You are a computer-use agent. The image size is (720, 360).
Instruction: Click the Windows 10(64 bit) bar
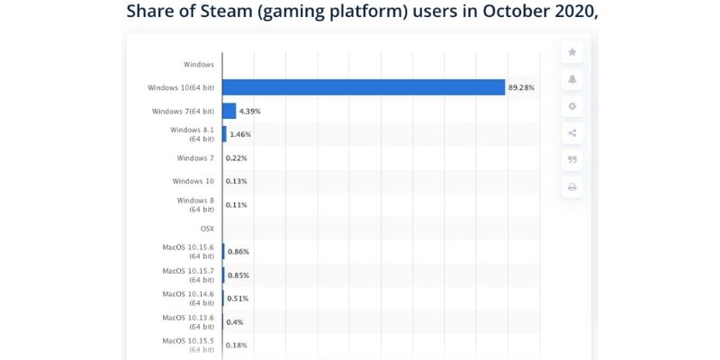(364, 87)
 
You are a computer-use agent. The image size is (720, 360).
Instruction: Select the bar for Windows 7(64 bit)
(229, 111)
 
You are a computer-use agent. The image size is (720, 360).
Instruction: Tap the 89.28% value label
(522, 87)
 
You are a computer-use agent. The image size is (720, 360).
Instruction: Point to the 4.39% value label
(250, 111)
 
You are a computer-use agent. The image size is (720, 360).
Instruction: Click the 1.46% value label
(240, 134)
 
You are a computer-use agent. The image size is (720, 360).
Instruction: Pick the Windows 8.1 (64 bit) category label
(194, 134)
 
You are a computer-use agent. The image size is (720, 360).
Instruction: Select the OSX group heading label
(206, 229)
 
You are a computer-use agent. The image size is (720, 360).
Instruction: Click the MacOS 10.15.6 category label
(188, 251)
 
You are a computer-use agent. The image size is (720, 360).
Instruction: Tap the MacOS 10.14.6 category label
(188, 298)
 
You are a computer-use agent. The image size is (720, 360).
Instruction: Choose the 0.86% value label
(238, 251)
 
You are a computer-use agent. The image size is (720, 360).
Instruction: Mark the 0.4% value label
(236, 321)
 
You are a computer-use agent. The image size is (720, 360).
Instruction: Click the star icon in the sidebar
(572, 52)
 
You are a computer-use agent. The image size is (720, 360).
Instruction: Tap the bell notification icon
(572, 79)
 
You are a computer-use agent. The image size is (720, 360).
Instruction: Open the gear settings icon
(572, 106)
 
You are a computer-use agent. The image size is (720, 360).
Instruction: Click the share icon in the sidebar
(572, 133)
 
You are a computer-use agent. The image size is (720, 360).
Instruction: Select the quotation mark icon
(572, 160)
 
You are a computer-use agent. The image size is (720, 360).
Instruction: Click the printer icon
(572, 187)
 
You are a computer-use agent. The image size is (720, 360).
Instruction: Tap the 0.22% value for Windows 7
(237, 157)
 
